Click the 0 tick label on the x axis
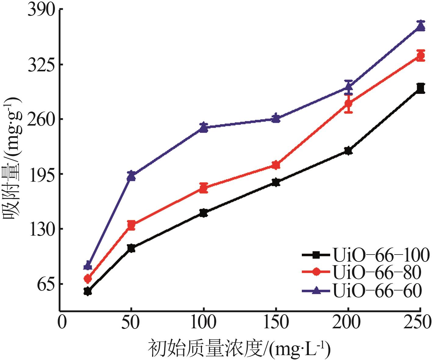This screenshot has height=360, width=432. [62, 323]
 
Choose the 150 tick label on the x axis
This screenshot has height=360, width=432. [276, 323]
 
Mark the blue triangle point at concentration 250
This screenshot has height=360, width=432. [421, 27]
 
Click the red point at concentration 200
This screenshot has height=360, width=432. [348, 104]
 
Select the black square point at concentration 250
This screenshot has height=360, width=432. [421, 88]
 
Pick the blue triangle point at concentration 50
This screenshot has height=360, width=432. [131, 176]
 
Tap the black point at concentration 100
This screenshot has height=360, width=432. [204, 213]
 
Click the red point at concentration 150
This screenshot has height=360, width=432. [276, 165]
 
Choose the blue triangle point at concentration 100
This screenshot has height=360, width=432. [204, 127]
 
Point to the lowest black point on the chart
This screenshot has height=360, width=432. [87, 291]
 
